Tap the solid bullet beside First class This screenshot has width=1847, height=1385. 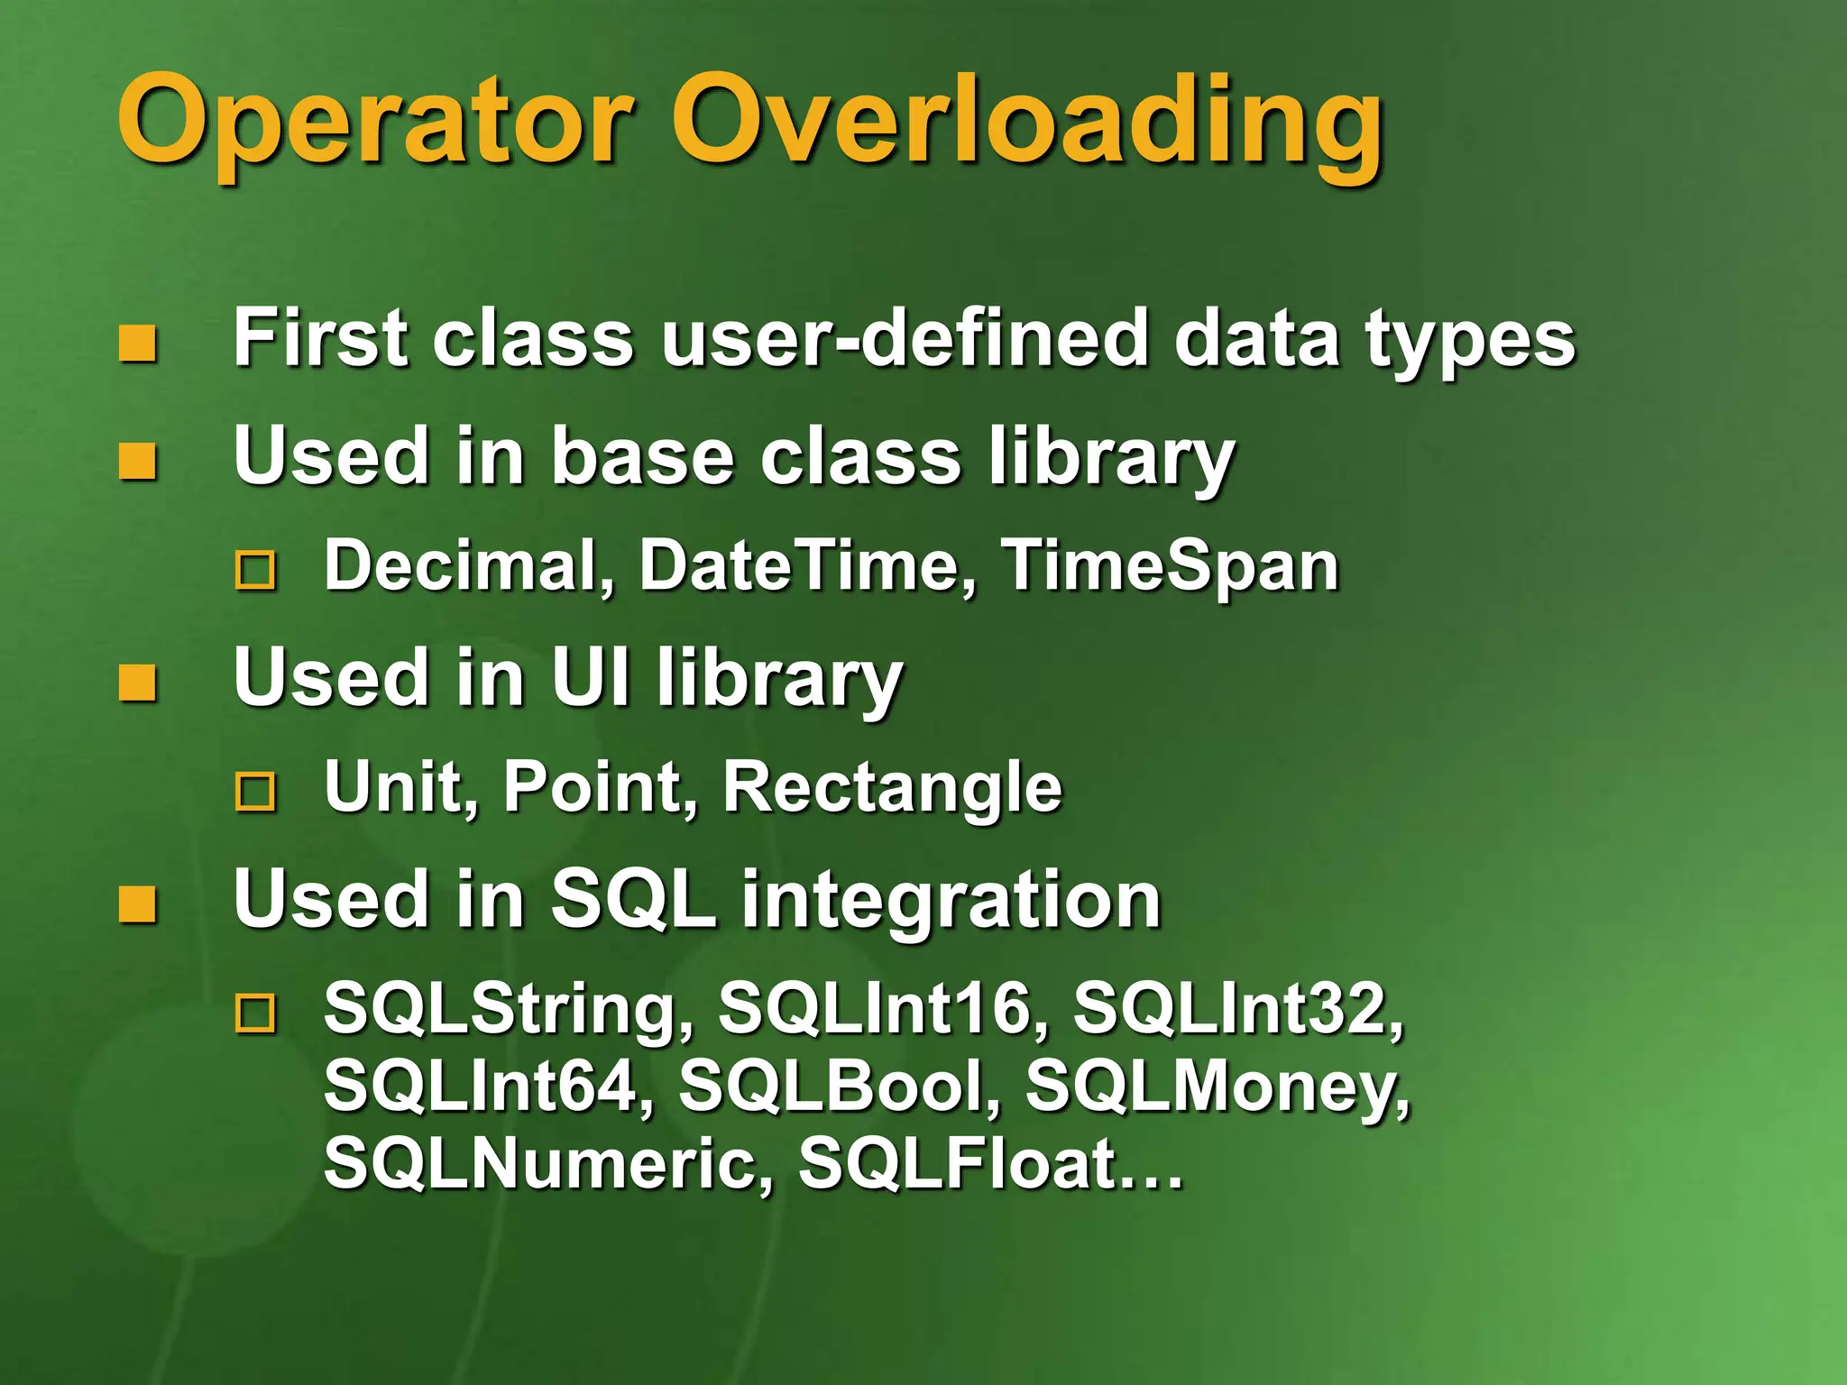click(138, 344)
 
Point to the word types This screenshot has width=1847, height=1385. click(1470, 343)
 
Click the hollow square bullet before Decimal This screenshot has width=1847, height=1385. click(255, 571)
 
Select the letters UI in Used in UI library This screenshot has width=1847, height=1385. click(591, 677)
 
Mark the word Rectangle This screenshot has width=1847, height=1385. click(893, 787)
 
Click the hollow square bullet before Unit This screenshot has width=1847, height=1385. click(255, 792)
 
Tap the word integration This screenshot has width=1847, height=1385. click(951, 900)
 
